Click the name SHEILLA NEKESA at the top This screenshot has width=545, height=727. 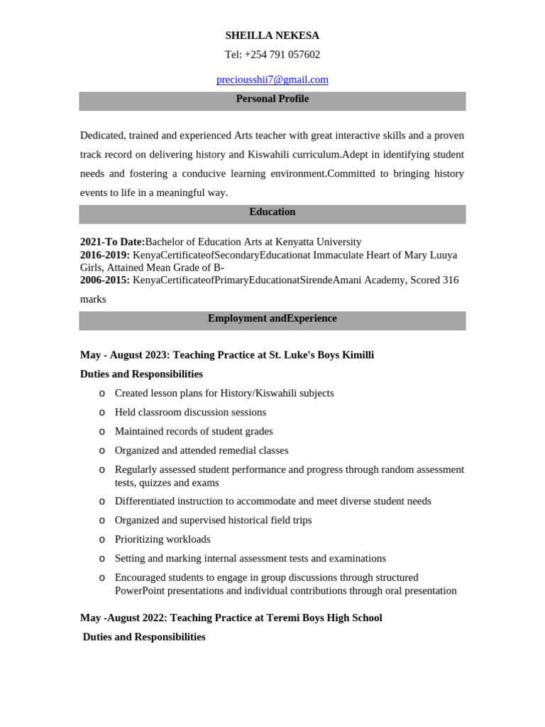click(x=272, y=35)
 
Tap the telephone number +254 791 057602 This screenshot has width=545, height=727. click(x=282, y=55)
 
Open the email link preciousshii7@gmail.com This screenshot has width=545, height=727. click(x=272, y=80)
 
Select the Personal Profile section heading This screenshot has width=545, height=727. click(x=272, y=99)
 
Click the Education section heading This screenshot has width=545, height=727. click(x=272, y=212)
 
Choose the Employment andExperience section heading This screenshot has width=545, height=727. click(x=272, y=318)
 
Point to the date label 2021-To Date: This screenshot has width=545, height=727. click(x=112, y=241)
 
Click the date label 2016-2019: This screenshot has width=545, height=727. click(x=105, y=254)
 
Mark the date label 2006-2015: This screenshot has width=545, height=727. click(x=105, y=280)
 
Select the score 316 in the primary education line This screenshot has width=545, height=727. click(x=451, y=280)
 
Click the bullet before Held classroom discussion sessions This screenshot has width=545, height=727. click(x=102, y=412)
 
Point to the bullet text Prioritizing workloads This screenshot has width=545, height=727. click(x=163, y=539)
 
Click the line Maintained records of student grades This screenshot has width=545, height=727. click(x=194, y=431)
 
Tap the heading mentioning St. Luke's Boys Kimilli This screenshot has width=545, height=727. click(x=227, y=354)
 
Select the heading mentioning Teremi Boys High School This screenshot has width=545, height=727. click(x=231, y=618)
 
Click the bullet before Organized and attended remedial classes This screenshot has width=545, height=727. click(x=102, y=451)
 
